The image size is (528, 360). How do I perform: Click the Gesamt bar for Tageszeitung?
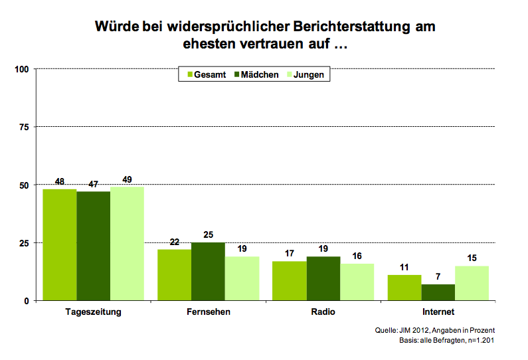pos(60,244)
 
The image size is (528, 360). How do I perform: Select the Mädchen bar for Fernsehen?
pos(208,271)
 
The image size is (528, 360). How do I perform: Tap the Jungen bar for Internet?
pos(472,283)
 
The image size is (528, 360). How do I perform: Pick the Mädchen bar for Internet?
pos(438,292)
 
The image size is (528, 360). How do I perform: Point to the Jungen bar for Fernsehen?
pos(242,278)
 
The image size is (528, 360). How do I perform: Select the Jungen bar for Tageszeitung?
pos(127,243)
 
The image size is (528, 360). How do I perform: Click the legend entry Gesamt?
pos(205,75)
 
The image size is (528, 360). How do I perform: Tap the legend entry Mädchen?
pos(255,75)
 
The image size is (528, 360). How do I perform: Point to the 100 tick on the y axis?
pos(21,68)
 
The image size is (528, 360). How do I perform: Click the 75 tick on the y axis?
pos(24,126)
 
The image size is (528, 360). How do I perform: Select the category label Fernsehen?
pos(208,312)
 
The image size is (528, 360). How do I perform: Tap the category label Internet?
pos(438,312)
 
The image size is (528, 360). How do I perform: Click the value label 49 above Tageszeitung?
pos(127,179)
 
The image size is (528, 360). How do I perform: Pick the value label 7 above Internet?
pos(438,277)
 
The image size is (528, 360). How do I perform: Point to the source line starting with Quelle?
pos(435,330)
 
